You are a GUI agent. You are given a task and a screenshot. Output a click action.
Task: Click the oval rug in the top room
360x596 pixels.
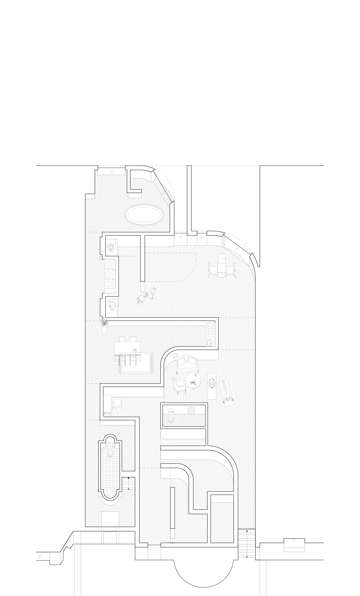(x=144, y=215)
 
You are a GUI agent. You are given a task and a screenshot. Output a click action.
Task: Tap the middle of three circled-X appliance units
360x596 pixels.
(x=109, y=274)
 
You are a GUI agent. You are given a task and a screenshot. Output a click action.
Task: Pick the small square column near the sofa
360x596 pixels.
(x=175, y=356)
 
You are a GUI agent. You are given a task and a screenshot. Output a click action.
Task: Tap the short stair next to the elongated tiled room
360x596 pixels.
(x=128, y=484)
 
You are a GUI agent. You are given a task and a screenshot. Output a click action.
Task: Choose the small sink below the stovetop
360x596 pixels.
(x=209, y=343)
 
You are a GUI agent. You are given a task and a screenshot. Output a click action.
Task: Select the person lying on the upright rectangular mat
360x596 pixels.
(x=212, y=386)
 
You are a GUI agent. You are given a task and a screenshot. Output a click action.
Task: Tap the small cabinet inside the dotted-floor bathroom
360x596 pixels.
(x=191, y=410)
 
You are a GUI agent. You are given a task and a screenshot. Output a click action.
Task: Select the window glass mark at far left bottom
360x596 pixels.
(x=40, y=556)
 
